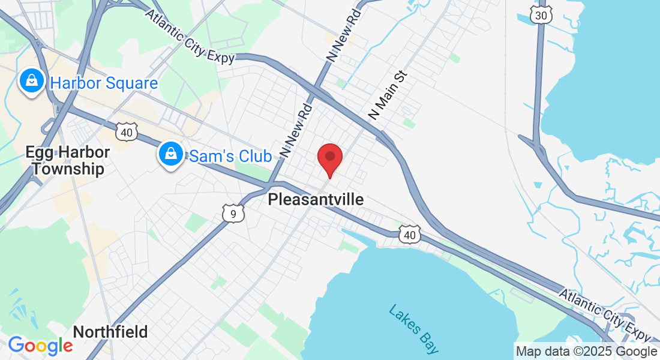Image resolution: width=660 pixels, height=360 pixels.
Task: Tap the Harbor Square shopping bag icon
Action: pyautogui.click(x=31, y=82)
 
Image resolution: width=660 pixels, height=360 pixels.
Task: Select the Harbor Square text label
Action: pyautogui.click(x=104, y=83)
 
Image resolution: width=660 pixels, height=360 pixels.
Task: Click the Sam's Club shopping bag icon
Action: pyautogui.click(x=171, y=155)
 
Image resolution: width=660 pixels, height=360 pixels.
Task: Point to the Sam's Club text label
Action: pyautogui.click(x=230, y=157)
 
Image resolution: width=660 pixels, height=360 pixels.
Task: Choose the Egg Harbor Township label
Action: pyautogui.click(x=67, y=160)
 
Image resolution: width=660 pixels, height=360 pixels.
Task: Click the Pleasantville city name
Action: pyautogui.click(x=316, y=199)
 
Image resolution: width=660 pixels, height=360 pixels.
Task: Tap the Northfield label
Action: pyautogui.click(x=110, y=332)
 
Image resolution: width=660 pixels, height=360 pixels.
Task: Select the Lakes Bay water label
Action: pyautogui.click(x=413, y=329)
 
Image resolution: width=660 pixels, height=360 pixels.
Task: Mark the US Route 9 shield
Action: pyautogui.click(x=233, y=213)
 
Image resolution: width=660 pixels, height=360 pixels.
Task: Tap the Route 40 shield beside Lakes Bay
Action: pyautogui.click(x=409, y=235)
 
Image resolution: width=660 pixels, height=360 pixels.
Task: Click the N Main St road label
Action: pyautogui.click(x=388, y=95)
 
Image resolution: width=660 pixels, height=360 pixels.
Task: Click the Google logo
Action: pyautogui.click(x=40, y=346)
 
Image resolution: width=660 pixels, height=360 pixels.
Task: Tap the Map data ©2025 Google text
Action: pyautogui.click(x=586, y=352)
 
